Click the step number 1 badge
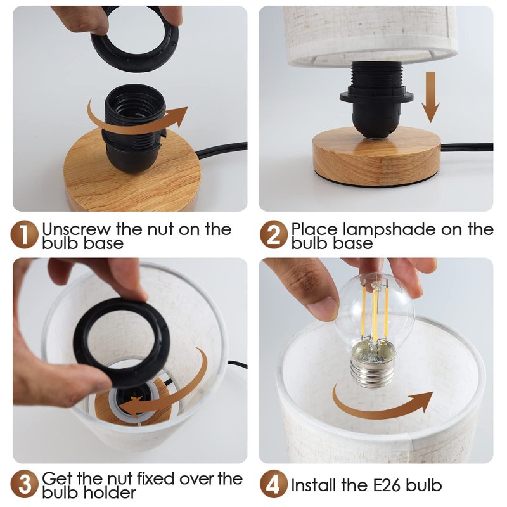(25, 234)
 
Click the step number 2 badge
(274, 234)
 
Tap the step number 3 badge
(25, 484)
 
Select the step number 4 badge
(274, 484)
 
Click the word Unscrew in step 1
(77, 229)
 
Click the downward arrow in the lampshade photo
(430, 97)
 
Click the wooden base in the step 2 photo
(376, 156)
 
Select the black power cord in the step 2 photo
(467, 147)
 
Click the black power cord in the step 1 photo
(222, 150)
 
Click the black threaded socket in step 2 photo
(376, 99)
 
